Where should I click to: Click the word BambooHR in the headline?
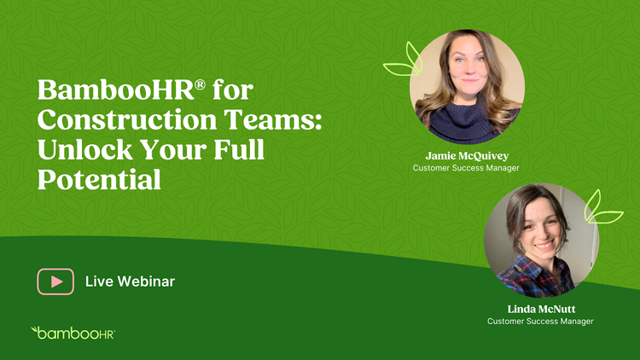(x=115, y=90)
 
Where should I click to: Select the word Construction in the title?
(x=127, y=119)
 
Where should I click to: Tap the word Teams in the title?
(x=273, y=119)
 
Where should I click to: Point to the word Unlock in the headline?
(x=84, y=149)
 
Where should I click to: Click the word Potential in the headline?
(x=99, y=180)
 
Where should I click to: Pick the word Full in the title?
(x=239, y=149)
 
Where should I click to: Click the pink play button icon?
(x=55, y=282)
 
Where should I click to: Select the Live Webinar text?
(x=130, y=282)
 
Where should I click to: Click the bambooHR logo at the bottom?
(x=73, y=333)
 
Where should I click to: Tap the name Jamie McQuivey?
(x=467, y=156)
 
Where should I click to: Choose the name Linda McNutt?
(x=541, y=309)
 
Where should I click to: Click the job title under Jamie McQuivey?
(x=466, y=168)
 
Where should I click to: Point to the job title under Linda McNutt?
(x=540, y=322)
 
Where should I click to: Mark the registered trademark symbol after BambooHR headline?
(x=200, y=84)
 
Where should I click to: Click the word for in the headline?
(x=233, y=90)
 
